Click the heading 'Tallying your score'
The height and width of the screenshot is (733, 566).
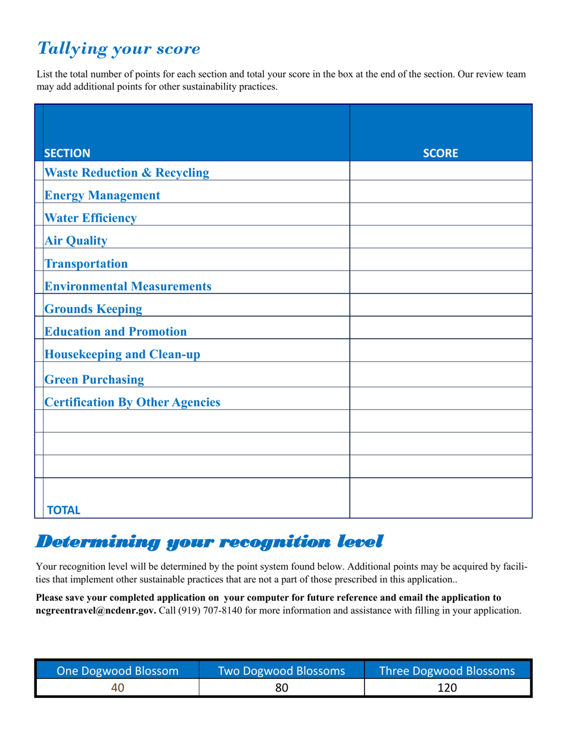tap(119, 49)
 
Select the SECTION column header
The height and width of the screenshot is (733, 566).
tap(67, 153)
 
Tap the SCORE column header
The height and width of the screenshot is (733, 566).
tap(440, 153)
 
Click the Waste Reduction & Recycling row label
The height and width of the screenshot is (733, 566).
tap(127, 173)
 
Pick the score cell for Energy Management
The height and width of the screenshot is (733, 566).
tap(440, 192)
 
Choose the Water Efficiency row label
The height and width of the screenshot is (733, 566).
tap(91, 218)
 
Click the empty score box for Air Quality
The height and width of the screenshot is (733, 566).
tap(440, 237)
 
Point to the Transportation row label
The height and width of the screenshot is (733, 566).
tap(86, 263)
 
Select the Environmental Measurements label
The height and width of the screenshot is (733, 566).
tap(128, 287)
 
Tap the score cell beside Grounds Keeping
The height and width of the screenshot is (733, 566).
tap(440, 305)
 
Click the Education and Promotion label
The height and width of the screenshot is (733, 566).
tap(116, 332)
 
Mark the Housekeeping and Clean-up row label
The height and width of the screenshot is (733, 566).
tap(123, 355)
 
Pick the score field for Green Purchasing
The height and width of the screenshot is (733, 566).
tap(440, 375)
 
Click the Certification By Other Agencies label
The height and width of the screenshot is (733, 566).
tap(132, 402)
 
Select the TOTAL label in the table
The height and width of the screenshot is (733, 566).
tap(63, 510)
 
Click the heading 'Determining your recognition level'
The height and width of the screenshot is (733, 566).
tap(209, 542)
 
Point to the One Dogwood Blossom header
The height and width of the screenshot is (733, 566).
tap(117, 671)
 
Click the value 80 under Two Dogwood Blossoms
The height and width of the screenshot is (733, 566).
tap(282, 688)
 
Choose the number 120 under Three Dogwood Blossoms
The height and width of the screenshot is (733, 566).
tap(447, 688)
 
